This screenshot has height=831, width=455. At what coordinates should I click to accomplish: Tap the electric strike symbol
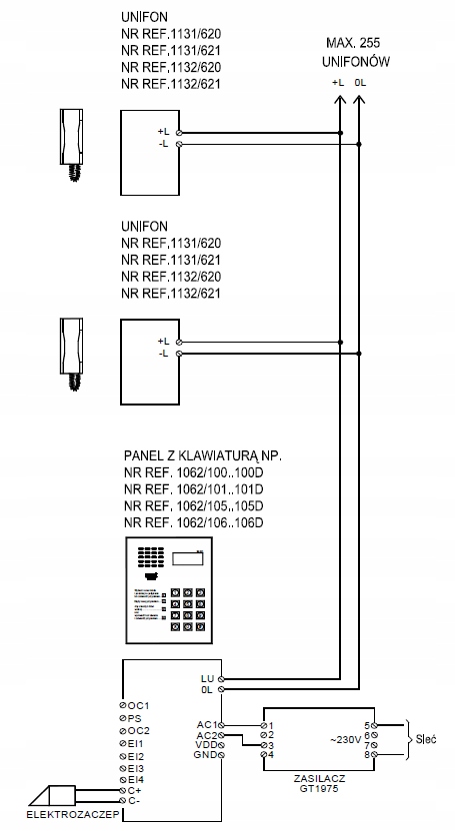50,795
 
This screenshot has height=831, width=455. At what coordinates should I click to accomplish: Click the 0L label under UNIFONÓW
360,83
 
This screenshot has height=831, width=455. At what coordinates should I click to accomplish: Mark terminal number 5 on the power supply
368,724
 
